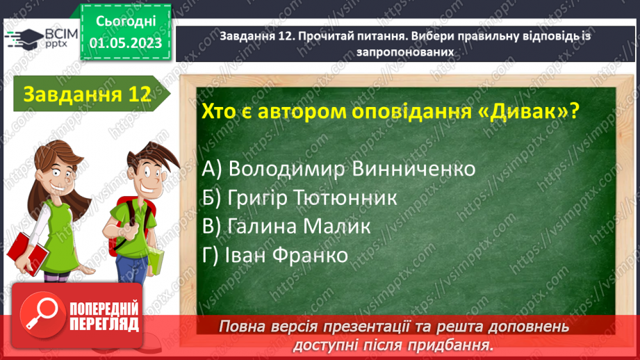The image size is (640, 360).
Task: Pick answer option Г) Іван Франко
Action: coord(276,255)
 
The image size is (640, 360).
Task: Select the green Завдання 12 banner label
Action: coord(87,95)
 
